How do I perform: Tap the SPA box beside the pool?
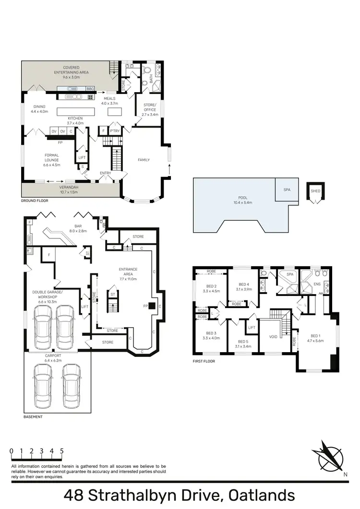pyautogui.click(x=287, y=189)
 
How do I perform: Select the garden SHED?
pyautogui.click(x=315, y=191)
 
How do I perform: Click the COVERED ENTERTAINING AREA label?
pyautogui.click(x=71, y=71)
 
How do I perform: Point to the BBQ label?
pyautogui.click(x=90, y=89)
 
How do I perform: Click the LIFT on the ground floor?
pyautogui.click(x=82, y=156)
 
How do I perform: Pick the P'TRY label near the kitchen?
pyautogui.click(x=115, y=130)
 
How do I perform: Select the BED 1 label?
pyautogui.click(x=315, y=338)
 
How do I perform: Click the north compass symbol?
pyautogui.click(x=328, y=455)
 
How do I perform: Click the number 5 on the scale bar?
pyautogui.click(x=62, y=451)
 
